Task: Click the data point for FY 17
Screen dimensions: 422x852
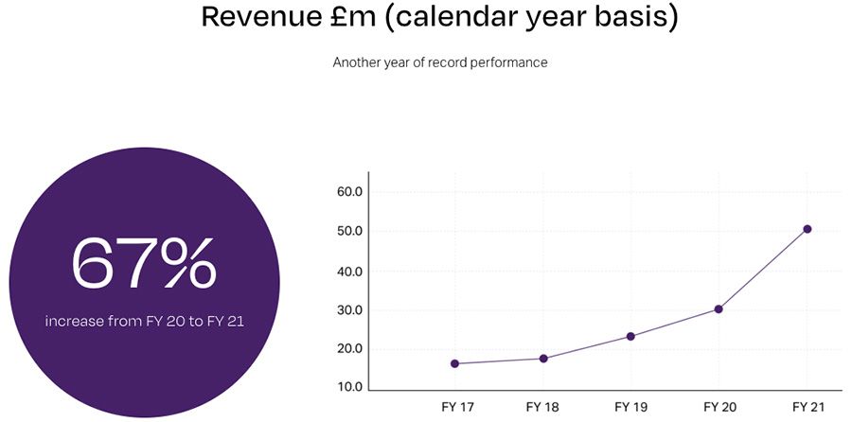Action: point(454,363)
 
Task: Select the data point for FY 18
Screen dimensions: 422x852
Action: point(543,359)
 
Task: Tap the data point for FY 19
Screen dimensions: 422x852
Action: point(630,336)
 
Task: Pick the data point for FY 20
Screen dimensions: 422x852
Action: point(719,309)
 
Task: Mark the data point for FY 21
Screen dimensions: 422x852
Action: point(807,229)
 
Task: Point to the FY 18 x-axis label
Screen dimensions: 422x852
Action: point(542,407)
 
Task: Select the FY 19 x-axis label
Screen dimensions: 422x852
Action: point(630,407)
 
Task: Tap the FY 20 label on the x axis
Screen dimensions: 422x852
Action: point(719,407)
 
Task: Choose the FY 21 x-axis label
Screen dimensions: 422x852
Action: point(807,407)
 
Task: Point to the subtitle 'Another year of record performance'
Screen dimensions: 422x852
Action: point(440,62)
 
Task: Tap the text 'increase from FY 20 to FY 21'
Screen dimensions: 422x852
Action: point(144,322)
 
